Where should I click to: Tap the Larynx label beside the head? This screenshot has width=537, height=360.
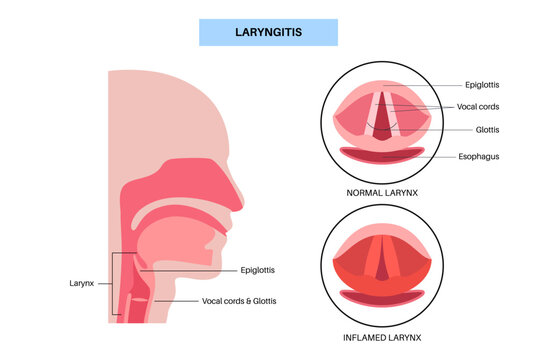tap(82, 283)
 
